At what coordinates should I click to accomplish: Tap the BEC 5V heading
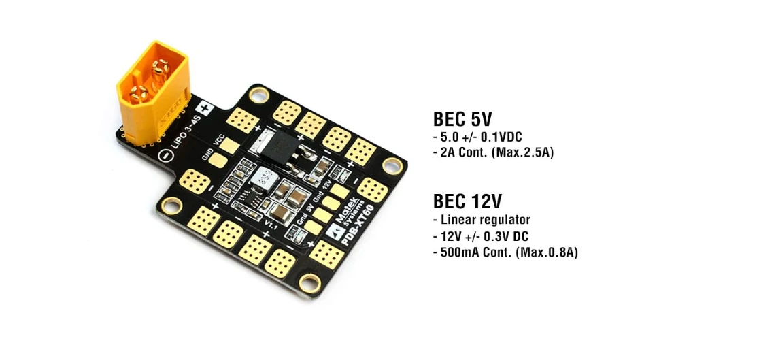[x=462, y=119]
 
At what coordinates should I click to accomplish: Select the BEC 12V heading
[x=468, y=201]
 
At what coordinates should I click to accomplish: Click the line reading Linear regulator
[x=484, y=220]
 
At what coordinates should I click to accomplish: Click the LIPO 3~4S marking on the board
[x=176, y=132]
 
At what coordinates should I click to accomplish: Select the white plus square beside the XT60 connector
[x=204, y=108]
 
